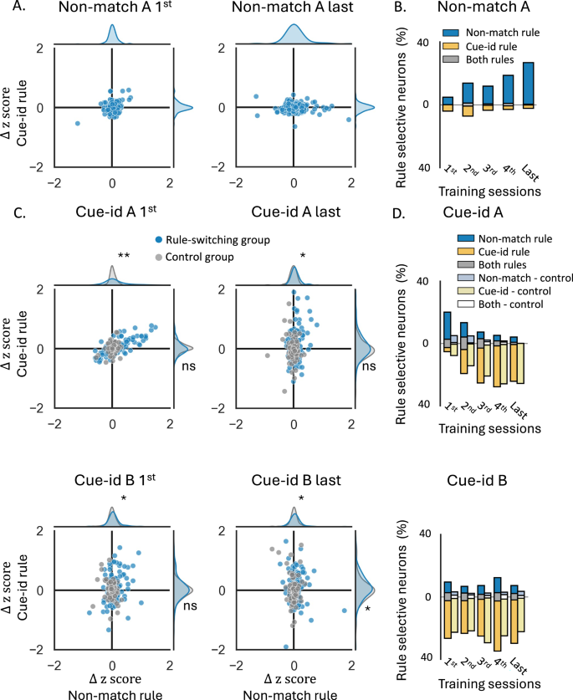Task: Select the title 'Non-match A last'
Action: click(294, 11)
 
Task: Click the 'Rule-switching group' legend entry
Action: click(221, 240)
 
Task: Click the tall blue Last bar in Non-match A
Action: click(527, 83)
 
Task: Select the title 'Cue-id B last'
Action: click(293, 479)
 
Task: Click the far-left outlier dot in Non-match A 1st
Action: click(77, 123)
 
